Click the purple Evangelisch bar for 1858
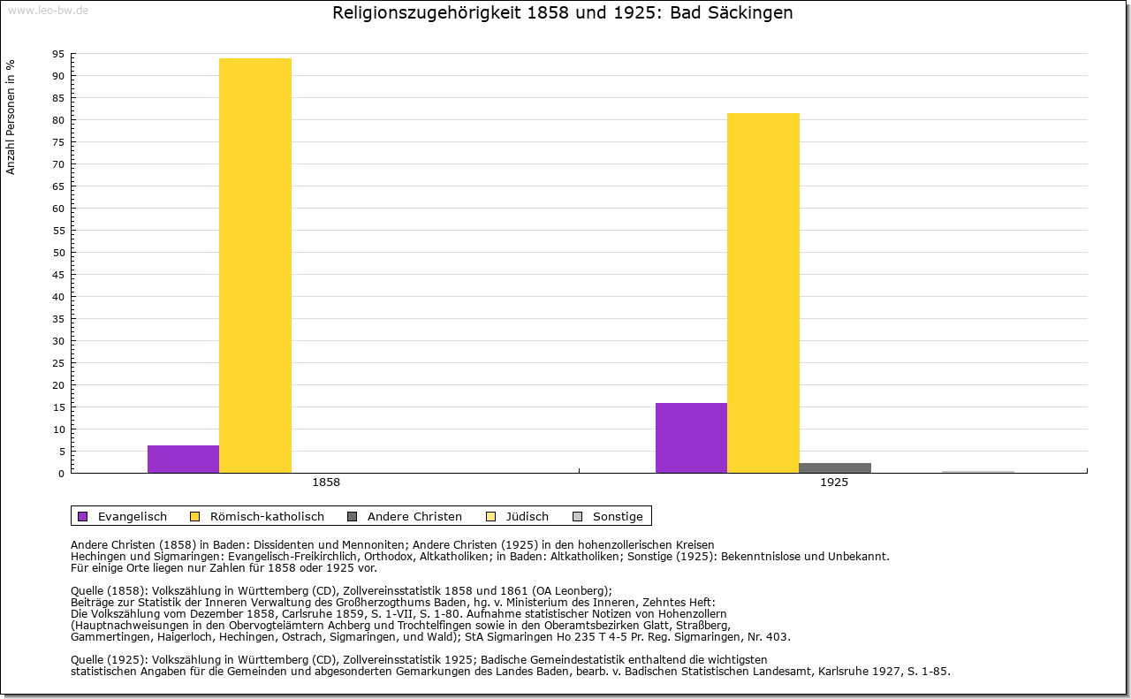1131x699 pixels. point(183,460)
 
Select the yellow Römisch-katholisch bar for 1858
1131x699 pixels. point(255,266)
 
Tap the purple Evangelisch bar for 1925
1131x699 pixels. point(691,438)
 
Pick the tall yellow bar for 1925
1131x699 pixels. point(763,293)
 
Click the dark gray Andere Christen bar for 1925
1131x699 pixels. point(835,468)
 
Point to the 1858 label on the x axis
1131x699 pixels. point(326,482)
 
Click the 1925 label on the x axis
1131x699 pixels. point(834,482)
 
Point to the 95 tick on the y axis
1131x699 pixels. point(58,54)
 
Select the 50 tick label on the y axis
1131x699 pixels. point(58,253)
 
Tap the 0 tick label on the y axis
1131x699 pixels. point(62,474)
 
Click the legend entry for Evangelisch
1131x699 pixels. point(122,516)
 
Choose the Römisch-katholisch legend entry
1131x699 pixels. point(257,516)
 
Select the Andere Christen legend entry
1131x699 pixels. point(405,516)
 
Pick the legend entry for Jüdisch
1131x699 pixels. point(517,516)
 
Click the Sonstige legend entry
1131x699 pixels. point(607,516)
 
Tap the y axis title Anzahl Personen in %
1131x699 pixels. point(11,118)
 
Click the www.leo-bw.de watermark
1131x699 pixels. point(49,11)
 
